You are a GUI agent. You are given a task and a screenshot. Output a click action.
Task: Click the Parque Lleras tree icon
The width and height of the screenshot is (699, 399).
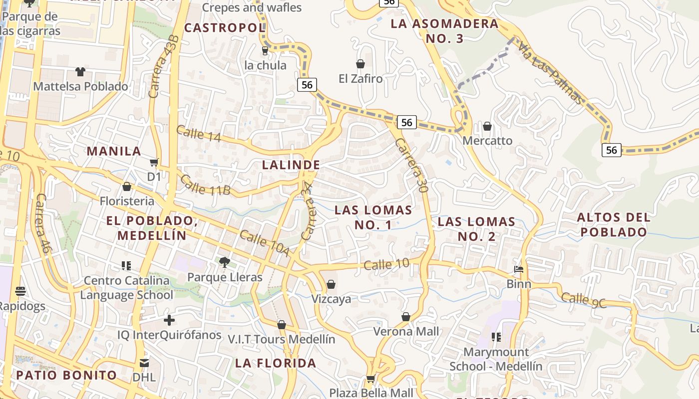coord(225,262)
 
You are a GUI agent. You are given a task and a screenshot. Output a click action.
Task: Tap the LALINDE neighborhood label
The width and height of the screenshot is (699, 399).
coord(291,165)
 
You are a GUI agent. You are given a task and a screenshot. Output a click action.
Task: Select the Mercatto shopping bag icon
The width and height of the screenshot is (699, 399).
coord(487,126)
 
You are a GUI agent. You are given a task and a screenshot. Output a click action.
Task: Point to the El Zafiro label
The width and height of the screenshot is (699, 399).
coord(360,79)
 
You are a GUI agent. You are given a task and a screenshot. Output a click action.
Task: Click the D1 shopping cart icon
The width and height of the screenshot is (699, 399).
coord(154,162)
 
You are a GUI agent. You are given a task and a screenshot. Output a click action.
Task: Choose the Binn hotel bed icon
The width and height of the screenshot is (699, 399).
coord(519,269)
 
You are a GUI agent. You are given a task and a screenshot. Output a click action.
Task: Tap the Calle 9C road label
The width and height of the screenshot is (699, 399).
coord(583,300)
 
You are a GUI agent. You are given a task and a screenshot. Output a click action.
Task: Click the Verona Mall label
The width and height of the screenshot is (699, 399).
coord(406,332)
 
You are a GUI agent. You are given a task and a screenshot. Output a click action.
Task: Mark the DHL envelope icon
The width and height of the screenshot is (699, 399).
coord(144,363)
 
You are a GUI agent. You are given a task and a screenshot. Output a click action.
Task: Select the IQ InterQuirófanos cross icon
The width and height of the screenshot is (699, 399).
coord(169,320)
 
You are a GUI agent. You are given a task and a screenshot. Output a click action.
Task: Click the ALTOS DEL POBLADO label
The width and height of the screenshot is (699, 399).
coord(614,224)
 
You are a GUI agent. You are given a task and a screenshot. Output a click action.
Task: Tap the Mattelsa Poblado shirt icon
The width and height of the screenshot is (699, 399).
coord(80,72)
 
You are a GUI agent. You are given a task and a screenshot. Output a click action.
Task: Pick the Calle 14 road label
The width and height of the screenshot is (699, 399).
coord(198,133)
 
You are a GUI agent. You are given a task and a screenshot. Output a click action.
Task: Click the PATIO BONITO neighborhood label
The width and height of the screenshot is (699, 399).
coord(66,375)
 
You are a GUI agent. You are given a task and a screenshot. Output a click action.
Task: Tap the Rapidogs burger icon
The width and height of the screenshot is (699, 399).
coord(20,291)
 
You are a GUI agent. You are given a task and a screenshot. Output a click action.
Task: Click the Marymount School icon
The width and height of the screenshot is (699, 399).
coord(496,337)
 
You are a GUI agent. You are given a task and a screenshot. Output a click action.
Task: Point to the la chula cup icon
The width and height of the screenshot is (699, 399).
coord(265,50)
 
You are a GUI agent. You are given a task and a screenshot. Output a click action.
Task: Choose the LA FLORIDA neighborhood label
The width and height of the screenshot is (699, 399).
coord(276,363)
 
